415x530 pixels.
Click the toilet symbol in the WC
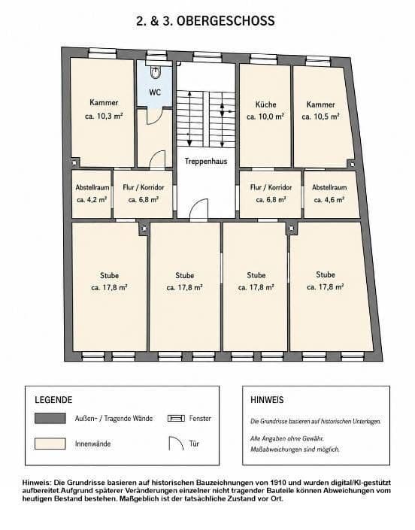[x=156, y=72]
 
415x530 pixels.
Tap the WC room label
[x=155, y=92]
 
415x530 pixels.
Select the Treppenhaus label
[x=206, y=161]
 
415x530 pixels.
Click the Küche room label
[x=266, y=104]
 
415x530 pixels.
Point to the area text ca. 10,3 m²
[x=104, y=117]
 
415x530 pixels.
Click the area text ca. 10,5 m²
[x=320, y=117]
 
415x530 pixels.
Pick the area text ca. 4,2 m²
[x=92, y=199]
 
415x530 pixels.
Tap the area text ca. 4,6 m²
[x=329, y=199]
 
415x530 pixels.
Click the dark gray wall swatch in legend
[x=50, y=418]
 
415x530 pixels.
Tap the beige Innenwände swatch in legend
[x=50, y=444]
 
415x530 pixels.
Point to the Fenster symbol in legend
[x=176, y=419]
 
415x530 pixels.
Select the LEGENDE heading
[x=53, y=400]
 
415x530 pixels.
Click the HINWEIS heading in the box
[x=267, y=400]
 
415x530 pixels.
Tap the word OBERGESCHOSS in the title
[x=226, y=21]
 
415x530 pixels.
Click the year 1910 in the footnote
[x=277, y=483]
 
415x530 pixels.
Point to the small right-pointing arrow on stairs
[x=230, y=111]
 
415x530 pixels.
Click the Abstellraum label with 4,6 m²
[x=329, y=187]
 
